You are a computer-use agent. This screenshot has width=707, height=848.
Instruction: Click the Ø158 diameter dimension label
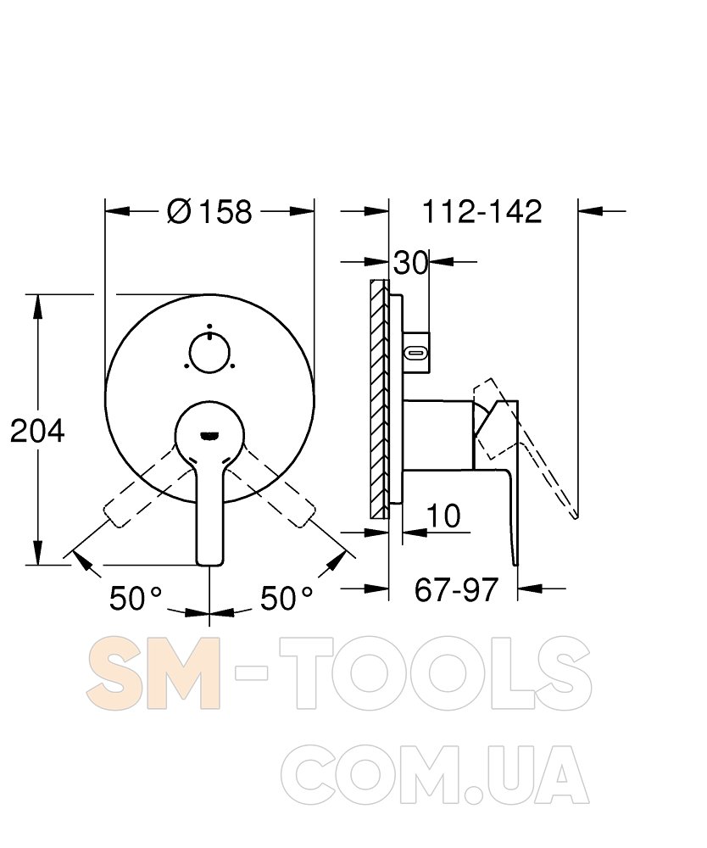209,211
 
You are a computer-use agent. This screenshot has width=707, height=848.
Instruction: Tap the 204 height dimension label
37,431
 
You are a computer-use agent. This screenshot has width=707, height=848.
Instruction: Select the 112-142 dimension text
482,211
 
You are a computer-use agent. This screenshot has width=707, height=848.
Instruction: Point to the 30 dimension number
411,263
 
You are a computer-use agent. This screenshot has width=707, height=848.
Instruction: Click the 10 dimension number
443,516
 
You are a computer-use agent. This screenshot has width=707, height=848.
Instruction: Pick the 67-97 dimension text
456,589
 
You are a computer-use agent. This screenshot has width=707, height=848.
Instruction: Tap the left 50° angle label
136,598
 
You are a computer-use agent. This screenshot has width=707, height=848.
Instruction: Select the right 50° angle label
287,598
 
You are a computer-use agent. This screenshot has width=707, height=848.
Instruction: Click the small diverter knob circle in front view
209,353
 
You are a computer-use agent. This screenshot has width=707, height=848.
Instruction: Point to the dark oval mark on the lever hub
209,435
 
